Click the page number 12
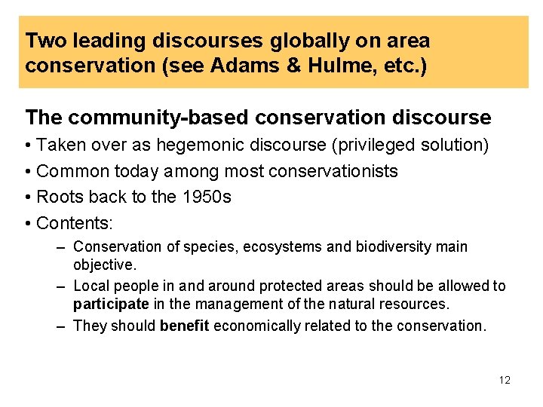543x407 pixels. pyautogui.click(x=505, y=380)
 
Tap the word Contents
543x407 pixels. pyautogui.click(x=72, y=223)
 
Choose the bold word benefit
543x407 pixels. pyautogui.click(x=186, y=326)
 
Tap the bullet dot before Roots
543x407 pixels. pyautogui.click(x=28, y=197)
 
